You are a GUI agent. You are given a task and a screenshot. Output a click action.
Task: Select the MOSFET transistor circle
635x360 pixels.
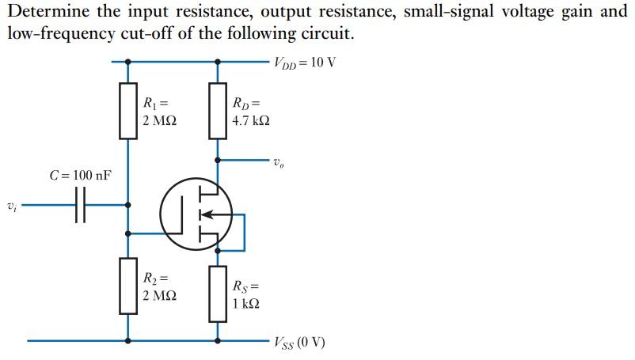pyautogui.click(x=196, y=212)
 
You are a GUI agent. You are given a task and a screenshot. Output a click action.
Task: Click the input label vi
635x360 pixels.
pyautogui.click(x=11, y=208)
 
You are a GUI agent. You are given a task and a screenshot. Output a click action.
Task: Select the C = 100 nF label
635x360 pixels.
pyautogui.click(x=80, y=175)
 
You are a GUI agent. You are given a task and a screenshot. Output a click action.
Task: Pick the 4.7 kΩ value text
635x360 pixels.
pyautogui.click(x=251, y=122)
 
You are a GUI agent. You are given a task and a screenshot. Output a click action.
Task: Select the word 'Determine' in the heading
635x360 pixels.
pyautogui.click(x=46, y=13)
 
